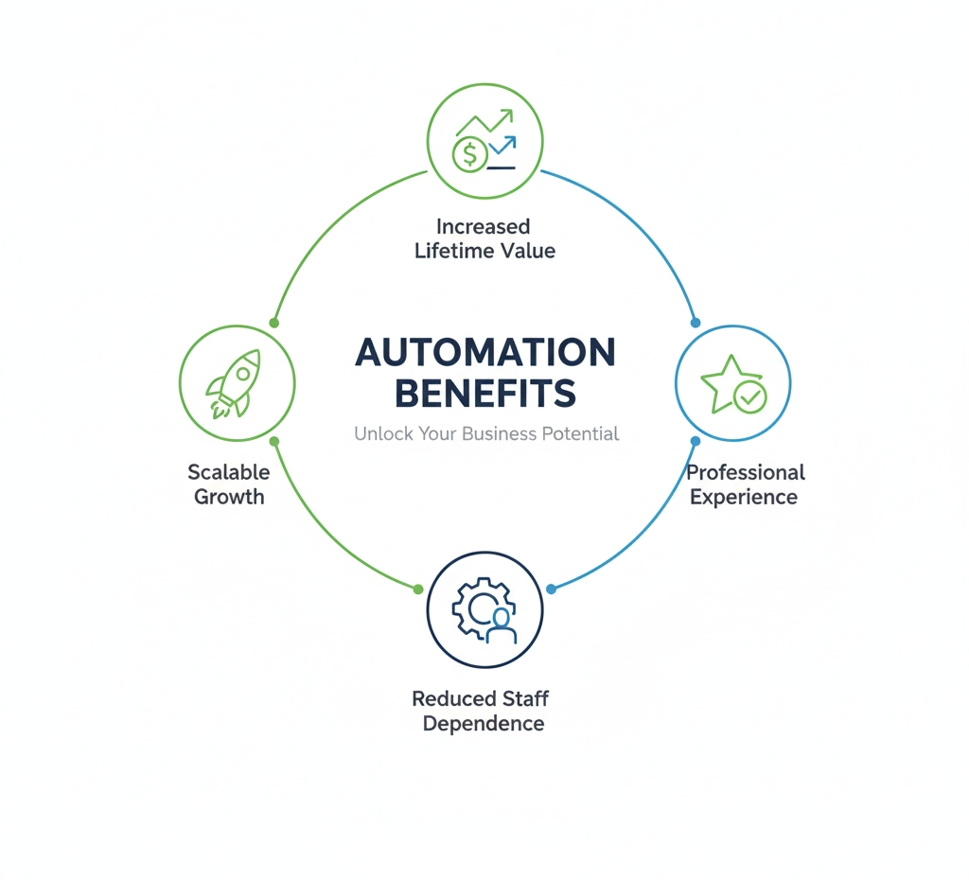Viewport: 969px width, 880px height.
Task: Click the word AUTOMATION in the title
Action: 484,353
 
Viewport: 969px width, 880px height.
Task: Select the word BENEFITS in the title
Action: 484,392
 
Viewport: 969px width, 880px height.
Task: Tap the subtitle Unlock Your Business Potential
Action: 486,434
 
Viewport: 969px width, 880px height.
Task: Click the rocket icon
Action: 235,382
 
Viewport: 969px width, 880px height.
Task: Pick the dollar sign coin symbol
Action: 469,153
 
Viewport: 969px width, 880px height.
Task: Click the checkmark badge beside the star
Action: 750,396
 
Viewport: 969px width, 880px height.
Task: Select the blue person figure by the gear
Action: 501,625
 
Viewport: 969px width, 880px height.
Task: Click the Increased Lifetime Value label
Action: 484,238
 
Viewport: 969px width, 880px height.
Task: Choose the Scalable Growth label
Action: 229,484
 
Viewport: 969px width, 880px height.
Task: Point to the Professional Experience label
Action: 745,484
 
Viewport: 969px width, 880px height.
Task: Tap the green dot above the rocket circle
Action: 274,323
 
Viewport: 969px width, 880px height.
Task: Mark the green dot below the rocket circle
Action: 274,442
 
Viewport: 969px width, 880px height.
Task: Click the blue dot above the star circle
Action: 696,323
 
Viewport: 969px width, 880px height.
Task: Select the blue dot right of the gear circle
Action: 551,589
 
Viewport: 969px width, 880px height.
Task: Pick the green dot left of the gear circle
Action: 418,589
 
